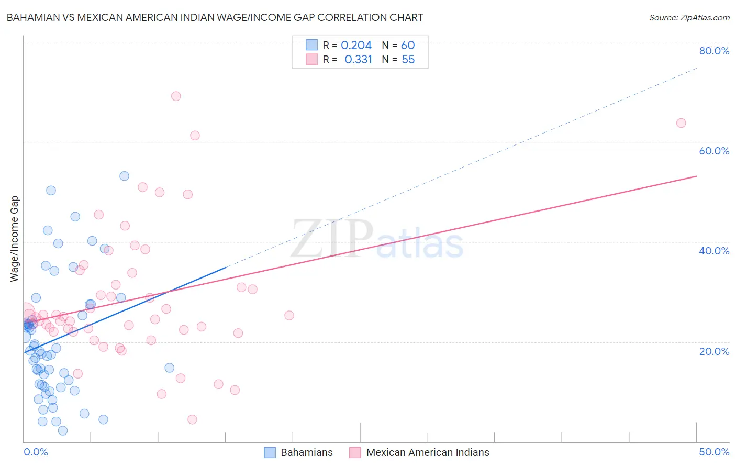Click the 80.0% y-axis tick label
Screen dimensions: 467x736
714,51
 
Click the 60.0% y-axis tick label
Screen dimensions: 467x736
714,151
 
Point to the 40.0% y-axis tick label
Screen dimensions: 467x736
714,251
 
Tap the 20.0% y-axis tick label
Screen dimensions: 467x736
714,351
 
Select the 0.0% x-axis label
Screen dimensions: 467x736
36,452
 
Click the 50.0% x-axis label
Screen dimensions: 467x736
714,452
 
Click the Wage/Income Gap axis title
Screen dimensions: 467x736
15,239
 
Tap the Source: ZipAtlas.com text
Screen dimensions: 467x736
689,17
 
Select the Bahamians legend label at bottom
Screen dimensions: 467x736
306,452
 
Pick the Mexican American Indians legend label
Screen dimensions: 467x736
427,452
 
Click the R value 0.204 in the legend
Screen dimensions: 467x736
356,46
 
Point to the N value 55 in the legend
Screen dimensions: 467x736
408,60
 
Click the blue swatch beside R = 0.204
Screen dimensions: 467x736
312,46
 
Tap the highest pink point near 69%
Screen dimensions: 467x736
176,96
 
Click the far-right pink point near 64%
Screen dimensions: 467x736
681,123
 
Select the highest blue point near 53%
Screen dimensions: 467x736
124,176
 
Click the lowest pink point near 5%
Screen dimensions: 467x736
192,419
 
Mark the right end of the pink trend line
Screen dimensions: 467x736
696,176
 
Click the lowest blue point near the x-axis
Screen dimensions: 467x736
63,430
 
